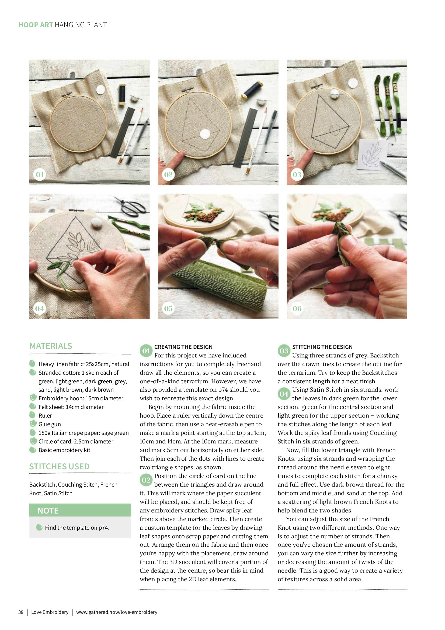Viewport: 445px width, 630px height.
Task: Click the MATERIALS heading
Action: (51, 346)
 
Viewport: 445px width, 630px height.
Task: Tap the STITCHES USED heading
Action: (59, 466)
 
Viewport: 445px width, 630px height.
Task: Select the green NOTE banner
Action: (80, 510)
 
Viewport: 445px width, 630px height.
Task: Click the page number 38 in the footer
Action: (21, 612)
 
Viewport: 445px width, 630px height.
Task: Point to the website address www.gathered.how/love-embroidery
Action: (117, 612)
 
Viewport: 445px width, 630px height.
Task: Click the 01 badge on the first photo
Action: (40, 174)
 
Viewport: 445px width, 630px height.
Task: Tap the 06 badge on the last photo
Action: (297, 308)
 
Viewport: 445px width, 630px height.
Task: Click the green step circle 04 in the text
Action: (284, 394)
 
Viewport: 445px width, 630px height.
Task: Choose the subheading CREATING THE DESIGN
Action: (183, 347)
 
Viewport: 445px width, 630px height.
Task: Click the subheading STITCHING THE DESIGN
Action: (322, 347)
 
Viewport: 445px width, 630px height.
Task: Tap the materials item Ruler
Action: (45, 415)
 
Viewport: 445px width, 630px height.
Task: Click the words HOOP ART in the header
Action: (36, 25)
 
